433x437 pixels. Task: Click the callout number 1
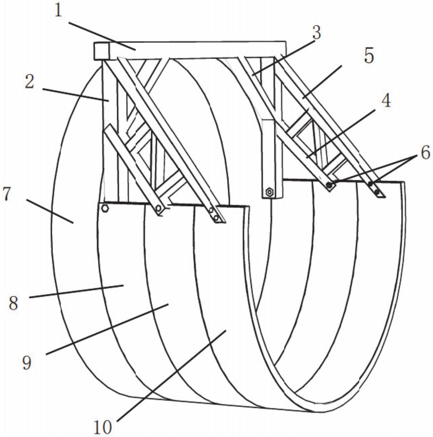coord(58,11)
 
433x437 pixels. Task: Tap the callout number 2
coord(30,82)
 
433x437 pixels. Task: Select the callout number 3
coord(316,32)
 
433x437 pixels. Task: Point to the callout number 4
coord(386,100)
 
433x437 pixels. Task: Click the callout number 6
coord(425,153)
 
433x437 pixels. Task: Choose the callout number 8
coord(13,303)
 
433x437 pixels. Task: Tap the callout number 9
coord(27,363)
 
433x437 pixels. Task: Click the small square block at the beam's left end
coord(102,51)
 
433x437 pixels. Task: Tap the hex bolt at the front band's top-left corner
coord(105,208)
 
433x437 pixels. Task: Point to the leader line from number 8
coord(76,292)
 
